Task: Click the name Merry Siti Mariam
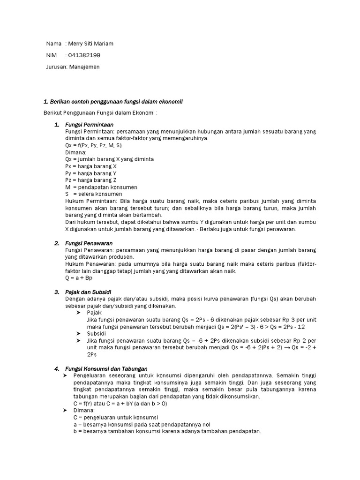90,44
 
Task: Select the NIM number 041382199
84,55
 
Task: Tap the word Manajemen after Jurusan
84,67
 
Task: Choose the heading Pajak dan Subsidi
88,292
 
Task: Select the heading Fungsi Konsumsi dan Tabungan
106,369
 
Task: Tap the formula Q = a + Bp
79,277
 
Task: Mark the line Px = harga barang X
91,166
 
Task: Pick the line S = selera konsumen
94,194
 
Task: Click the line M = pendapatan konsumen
101,187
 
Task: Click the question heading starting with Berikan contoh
112,101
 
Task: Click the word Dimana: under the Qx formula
76,152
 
